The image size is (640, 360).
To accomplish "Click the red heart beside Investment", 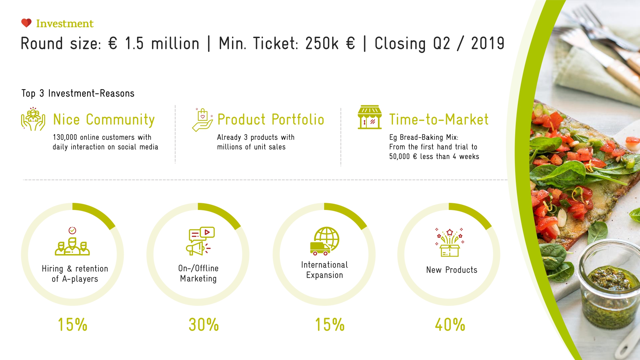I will (x=26, y=23).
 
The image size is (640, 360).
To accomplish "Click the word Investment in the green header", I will (x=65, y=24).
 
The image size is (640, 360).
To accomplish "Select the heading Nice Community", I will (x=104, y=120).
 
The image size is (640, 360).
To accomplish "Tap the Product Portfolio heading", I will (x=271, y=120).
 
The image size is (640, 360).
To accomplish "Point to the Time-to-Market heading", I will (x=439, y=120).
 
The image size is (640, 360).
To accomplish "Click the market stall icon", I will (x=370, y=117).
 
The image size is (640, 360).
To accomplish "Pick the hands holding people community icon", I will (x=33, y=119).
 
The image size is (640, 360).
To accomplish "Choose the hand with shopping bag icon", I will (x=202, y=120).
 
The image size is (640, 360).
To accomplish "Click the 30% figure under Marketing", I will (x=204, y=325).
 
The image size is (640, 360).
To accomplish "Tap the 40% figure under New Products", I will (x=450, y=325).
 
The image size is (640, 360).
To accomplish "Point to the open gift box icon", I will (x=450, y=243).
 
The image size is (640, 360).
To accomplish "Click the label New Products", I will (x=452, y=270).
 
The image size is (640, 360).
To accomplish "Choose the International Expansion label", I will (x=324, y=270).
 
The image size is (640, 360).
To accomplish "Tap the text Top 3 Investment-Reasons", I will (x=78, y=93).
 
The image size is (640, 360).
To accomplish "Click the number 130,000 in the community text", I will (x=65, y=137).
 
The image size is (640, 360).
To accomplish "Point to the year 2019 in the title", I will (x=488, y=44).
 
